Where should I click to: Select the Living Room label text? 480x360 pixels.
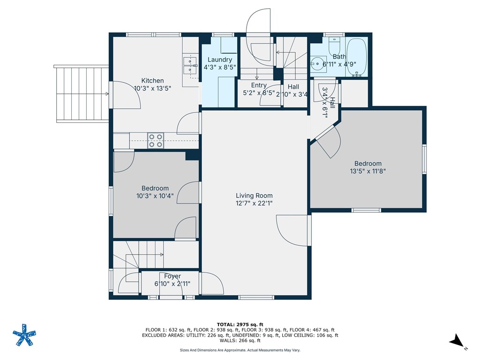click(254, 195)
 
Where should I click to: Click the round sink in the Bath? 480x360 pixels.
click(318, 62)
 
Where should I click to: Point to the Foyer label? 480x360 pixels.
click(172, 276)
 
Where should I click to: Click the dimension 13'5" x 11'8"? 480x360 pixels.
click(368, 171)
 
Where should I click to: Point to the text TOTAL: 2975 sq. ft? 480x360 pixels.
click(240, 324)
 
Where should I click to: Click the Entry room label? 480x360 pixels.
click(259, 85)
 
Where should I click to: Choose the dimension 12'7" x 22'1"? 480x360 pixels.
click(254, 203)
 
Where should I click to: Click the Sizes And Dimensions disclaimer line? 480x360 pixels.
click(240, 350)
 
